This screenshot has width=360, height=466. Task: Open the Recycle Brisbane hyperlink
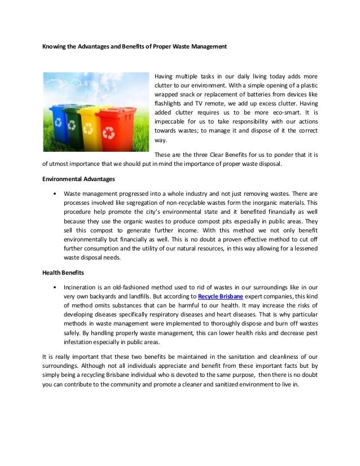[220, 296]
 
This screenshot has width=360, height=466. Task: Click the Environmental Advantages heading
[79, 179]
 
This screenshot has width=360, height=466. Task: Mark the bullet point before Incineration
[54, 287]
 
